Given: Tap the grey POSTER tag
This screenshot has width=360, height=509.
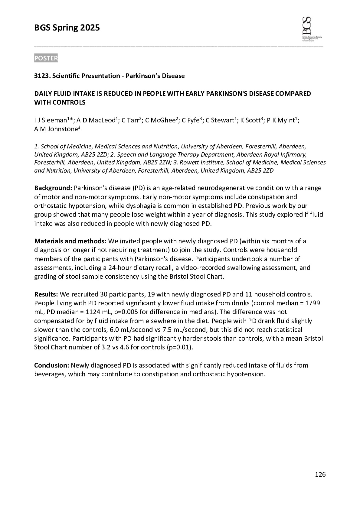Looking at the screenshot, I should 46,58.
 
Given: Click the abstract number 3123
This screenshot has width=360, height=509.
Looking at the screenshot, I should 42,76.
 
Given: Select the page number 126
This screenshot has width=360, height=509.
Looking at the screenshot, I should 320,475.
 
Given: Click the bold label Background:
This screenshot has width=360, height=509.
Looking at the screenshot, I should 53,188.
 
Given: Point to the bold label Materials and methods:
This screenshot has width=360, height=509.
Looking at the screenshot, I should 70,241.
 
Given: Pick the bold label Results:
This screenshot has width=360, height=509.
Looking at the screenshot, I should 46,294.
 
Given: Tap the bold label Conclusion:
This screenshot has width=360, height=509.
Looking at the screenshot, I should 52,365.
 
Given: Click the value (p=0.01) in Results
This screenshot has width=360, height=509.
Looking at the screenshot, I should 180,347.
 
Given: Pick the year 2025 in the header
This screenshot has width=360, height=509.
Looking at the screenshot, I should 90,28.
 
